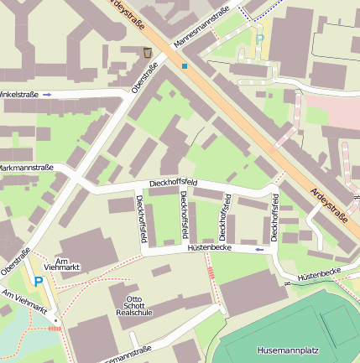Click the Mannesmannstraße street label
pos(201,28)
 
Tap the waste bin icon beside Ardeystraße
pos(148,53)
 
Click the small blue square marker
pos(184,65)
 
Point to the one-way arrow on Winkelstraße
pos(47,94)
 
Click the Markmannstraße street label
pos(26,168)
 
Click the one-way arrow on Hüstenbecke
pos(259,249)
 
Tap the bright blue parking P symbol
pos(38,283)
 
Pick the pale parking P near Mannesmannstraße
pos(259,39)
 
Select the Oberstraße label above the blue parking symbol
pos(15,260)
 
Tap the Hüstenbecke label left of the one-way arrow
pos(209,249)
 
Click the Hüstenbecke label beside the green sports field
pos(318,272)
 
